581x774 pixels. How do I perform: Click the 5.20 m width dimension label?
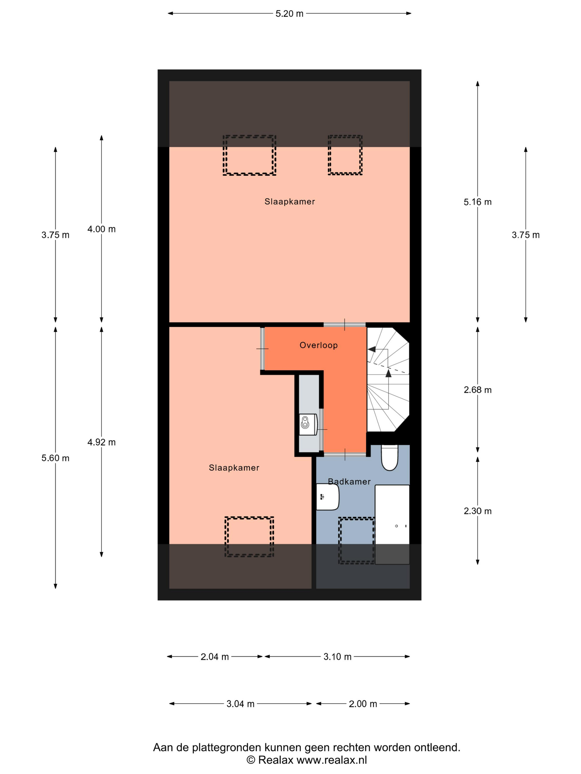289,14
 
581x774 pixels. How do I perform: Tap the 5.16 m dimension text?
477,202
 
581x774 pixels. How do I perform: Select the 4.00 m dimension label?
101,229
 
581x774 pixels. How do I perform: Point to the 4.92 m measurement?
101,442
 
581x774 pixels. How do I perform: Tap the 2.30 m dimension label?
477,511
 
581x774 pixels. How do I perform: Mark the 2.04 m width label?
214,657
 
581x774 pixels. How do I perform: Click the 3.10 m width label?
337,657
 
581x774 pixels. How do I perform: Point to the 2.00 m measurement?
363,704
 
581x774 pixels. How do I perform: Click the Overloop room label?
318,345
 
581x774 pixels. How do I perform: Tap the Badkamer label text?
349,482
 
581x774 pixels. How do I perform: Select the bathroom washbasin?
328,496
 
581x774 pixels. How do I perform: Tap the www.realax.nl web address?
332,760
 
